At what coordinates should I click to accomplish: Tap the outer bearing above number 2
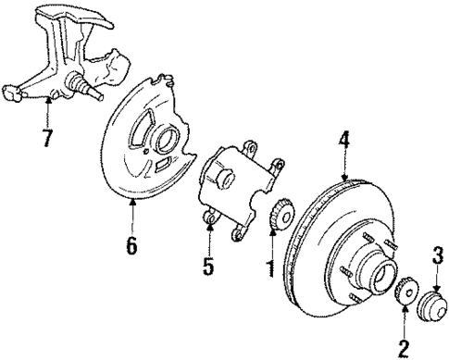click(405, 293)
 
